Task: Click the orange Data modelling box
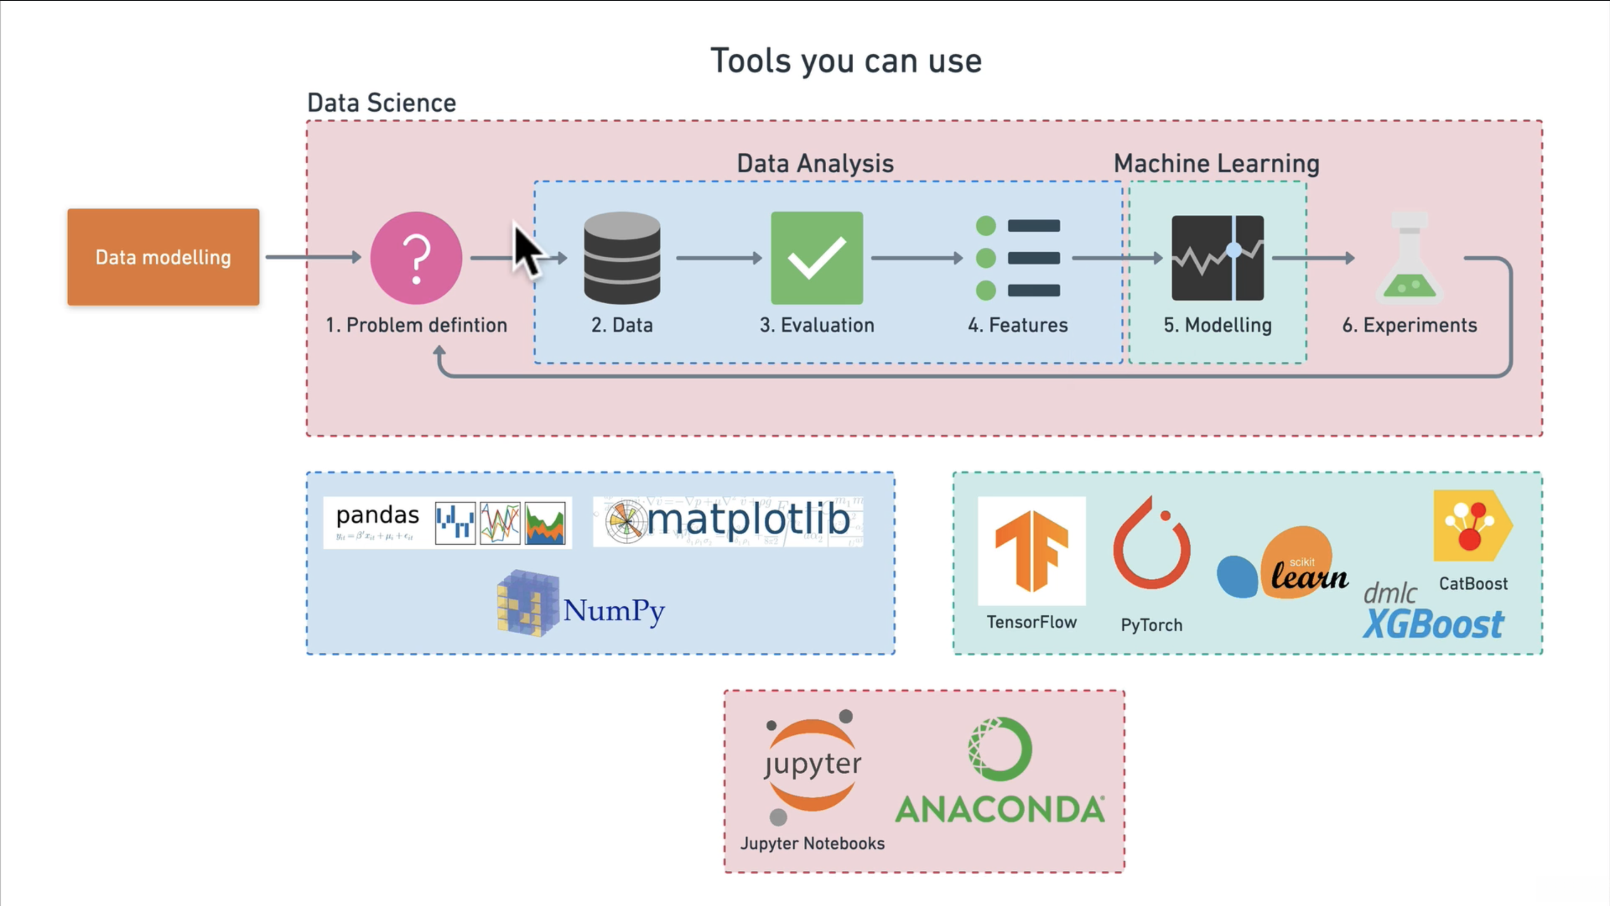coord(163,257)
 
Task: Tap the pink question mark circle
coord(416,258)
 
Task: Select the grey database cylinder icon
coord(622,258)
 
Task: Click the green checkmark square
coord(817,258)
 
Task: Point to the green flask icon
coord(1409,258)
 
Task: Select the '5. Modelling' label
coord(1218,325)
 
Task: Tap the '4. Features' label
coord(1017,325)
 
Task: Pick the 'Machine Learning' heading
coord(1216,164)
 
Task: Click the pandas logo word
coord(377,515)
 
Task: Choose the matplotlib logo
coord(728,521)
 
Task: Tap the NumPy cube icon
coord(528,603)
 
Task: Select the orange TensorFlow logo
coord(1031,550)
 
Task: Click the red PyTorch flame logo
coord(1151,542)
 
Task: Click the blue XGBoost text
coord(1433,624)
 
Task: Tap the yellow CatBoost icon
coord(1473,525)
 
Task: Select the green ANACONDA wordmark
coord(1000,809)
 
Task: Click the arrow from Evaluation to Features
coord(917,258)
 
